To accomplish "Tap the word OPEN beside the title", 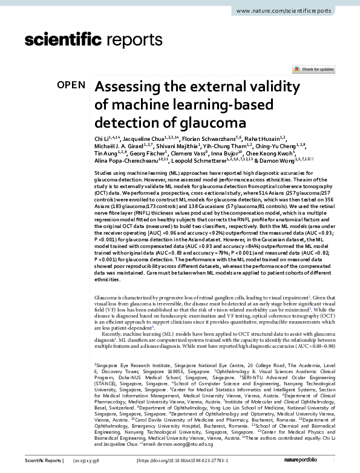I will (71, 85).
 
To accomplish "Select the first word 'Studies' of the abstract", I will (103, 173).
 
